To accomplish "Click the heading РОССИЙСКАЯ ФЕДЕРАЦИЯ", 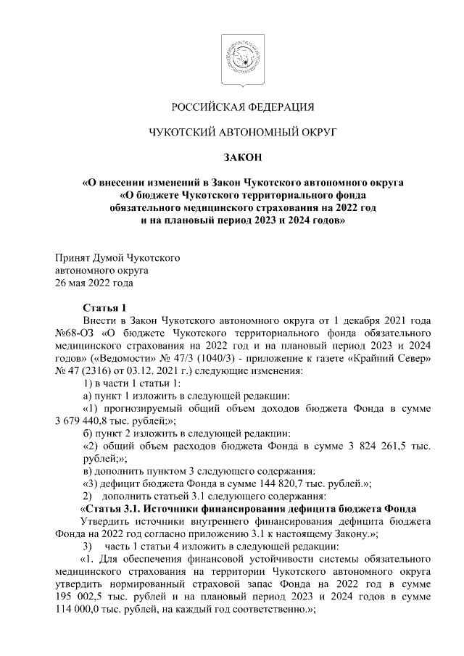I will click(x=242, y=108).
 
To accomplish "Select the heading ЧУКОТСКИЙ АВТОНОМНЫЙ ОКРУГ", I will click(x=242, y=133).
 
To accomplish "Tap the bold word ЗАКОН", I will click(x=242, y=157).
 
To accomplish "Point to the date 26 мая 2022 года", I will click(x=94, y=283).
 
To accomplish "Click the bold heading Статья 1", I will click(x=105, y=308).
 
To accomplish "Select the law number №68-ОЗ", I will click(x=72, y=333).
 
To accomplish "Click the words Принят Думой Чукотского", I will click(x=118, y=257).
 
